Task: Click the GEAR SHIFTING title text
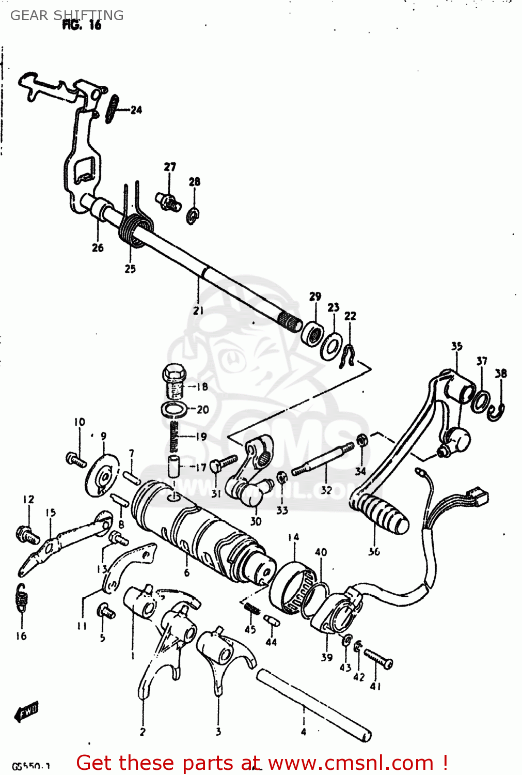(x=67, y=16)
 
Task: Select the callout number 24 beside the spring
(x=136, y=110)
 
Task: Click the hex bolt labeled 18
(x=174, y=381)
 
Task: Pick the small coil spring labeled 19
(x=175, y=436)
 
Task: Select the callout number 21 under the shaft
(x=198, y=310)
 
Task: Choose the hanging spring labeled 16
(x=22, y=599)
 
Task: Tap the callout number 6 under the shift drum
(x=186, y=572)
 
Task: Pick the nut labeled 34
(x=362, y=440)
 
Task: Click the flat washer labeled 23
(x=330, y=346)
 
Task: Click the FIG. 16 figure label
(x=82, y=25)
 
